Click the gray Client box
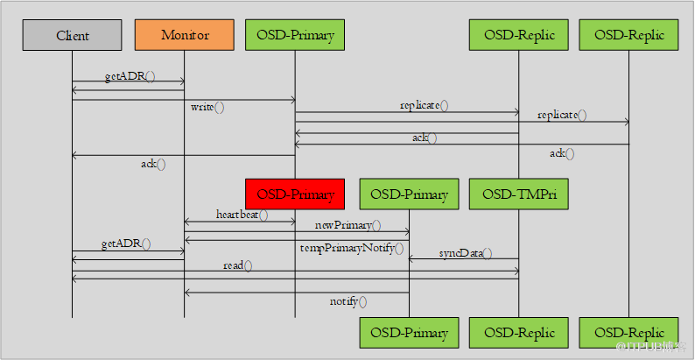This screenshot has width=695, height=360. point(72,36)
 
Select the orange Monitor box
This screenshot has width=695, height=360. point(184,36)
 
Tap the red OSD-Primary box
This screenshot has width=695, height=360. point(295,194)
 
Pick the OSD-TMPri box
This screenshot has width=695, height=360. point(519,194)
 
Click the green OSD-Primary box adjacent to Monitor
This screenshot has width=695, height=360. point(295,36)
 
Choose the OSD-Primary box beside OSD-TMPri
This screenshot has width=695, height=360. point(409,194)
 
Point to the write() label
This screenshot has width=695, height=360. point(207,108)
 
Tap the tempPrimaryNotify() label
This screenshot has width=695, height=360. point(352,248)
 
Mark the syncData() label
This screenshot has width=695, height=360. point(465,253)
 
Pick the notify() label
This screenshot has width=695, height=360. point(348,301)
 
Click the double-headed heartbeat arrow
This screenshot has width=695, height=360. point(239,222)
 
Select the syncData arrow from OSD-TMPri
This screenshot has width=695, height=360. point(464,259)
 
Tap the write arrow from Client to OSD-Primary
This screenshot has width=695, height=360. point(183,100)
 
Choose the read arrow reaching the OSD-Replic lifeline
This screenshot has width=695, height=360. point(295,272)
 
